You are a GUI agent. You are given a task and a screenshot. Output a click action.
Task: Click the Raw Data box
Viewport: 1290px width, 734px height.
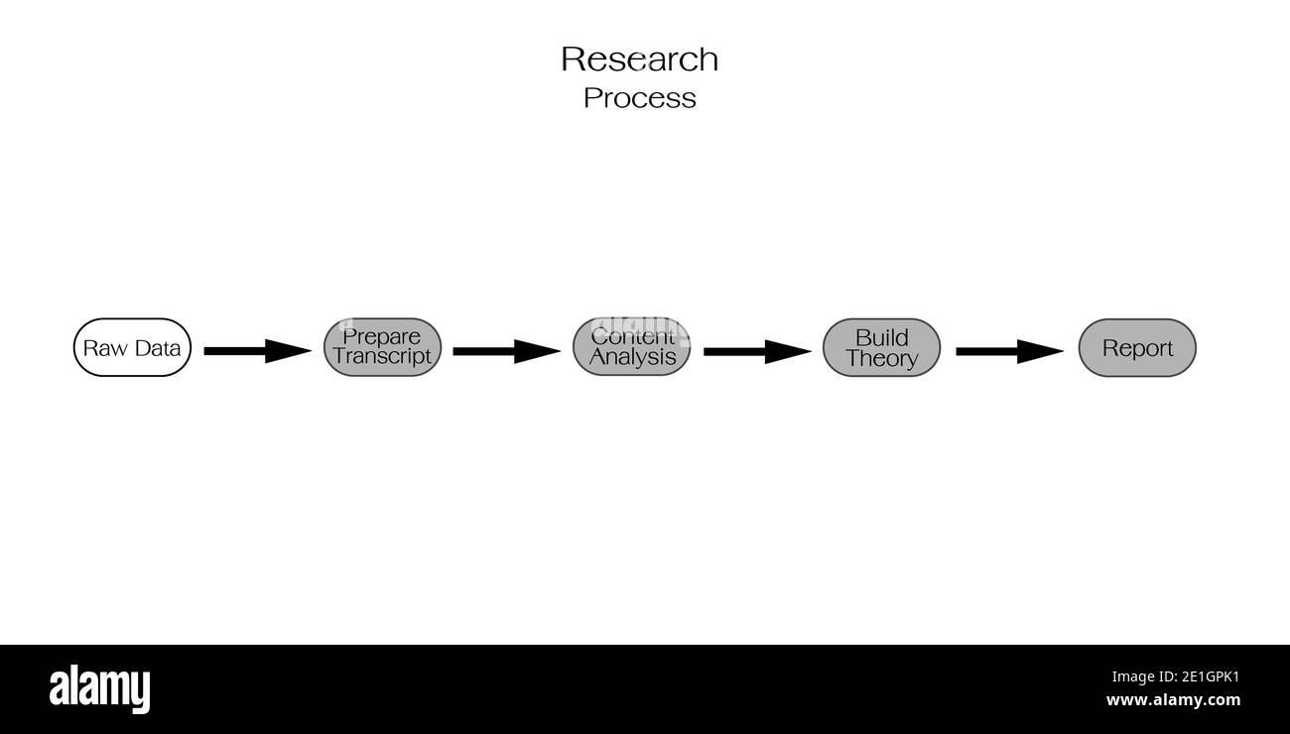click(132, 348)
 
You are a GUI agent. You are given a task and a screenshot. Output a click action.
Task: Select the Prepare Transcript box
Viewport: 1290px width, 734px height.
click(382, 348)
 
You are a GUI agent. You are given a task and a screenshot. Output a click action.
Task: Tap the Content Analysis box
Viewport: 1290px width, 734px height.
click(631, 348)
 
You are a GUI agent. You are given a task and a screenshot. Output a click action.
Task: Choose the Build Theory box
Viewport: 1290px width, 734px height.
click(881, 348)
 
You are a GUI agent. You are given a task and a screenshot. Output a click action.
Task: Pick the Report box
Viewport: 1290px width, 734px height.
click(1137, 348)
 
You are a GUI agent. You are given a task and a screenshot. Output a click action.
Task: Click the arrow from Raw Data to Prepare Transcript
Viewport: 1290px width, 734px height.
click(257, 351)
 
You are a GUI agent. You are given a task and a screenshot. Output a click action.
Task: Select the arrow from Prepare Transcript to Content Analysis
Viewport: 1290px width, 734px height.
click(506, 351)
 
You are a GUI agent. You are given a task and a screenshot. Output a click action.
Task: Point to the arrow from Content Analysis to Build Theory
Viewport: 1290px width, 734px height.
click(757, 351)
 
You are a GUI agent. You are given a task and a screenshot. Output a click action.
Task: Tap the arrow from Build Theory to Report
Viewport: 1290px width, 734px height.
click(1009, 351)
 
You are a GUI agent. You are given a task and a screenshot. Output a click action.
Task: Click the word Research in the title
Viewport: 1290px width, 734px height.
click(639, 60)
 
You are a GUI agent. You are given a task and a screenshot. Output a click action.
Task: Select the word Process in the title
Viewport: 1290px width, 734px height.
click(639, 98)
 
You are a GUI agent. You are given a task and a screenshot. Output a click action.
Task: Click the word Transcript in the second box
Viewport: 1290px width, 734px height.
click(382, 357)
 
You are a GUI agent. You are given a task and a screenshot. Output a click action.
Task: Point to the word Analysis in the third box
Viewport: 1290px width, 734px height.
click(632, 357)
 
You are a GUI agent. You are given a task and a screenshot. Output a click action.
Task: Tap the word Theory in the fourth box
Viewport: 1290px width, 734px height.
click(881, 359)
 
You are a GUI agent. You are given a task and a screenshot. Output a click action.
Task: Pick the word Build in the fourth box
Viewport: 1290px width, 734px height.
click(881, 337)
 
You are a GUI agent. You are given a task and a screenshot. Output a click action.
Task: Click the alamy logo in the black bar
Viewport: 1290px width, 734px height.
click(99, 688)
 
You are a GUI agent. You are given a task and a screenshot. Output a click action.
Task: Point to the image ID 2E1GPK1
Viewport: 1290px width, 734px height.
click(1175, 677)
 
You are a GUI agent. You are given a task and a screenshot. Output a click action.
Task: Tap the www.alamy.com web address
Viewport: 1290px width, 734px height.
click(1173, 700)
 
